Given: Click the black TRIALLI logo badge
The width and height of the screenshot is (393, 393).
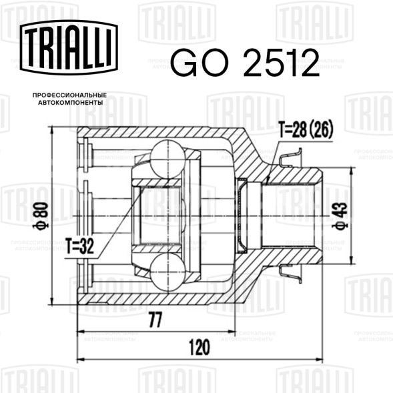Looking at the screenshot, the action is point(69,47).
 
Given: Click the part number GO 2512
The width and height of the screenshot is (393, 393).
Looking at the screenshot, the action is point(245,63).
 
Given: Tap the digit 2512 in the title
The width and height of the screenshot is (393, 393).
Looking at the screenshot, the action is point(281,63).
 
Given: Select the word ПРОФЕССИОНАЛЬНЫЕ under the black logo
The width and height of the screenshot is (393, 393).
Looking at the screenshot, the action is point(69,95).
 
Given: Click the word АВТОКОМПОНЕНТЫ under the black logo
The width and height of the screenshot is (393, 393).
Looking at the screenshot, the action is point(70,103).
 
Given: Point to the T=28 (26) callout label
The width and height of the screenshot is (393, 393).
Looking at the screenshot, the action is point(306,129).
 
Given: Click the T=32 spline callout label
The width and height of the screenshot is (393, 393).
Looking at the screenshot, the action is point(79,246).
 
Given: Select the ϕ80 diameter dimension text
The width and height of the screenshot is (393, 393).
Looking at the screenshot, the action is point(41,216).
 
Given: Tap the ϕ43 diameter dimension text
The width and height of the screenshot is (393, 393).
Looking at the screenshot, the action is point(340,216).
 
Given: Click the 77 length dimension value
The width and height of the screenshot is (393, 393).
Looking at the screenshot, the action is point(155,320).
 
